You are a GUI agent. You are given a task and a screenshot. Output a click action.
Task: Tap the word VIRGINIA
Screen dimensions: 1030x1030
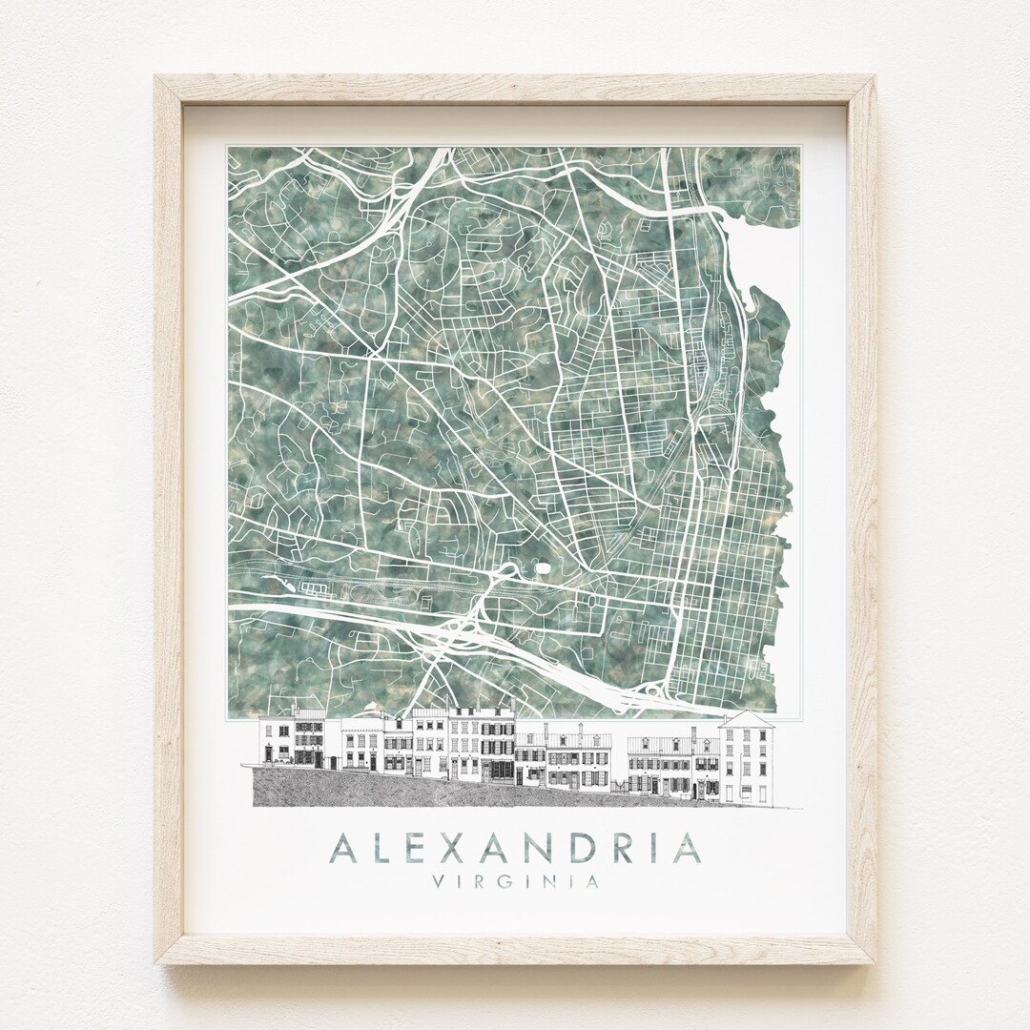tap(515, 882)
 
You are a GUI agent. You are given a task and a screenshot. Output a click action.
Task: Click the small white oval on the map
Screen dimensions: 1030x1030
tap(545, 567)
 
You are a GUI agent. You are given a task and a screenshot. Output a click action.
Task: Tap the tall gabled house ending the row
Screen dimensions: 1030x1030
tap(744, 758)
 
